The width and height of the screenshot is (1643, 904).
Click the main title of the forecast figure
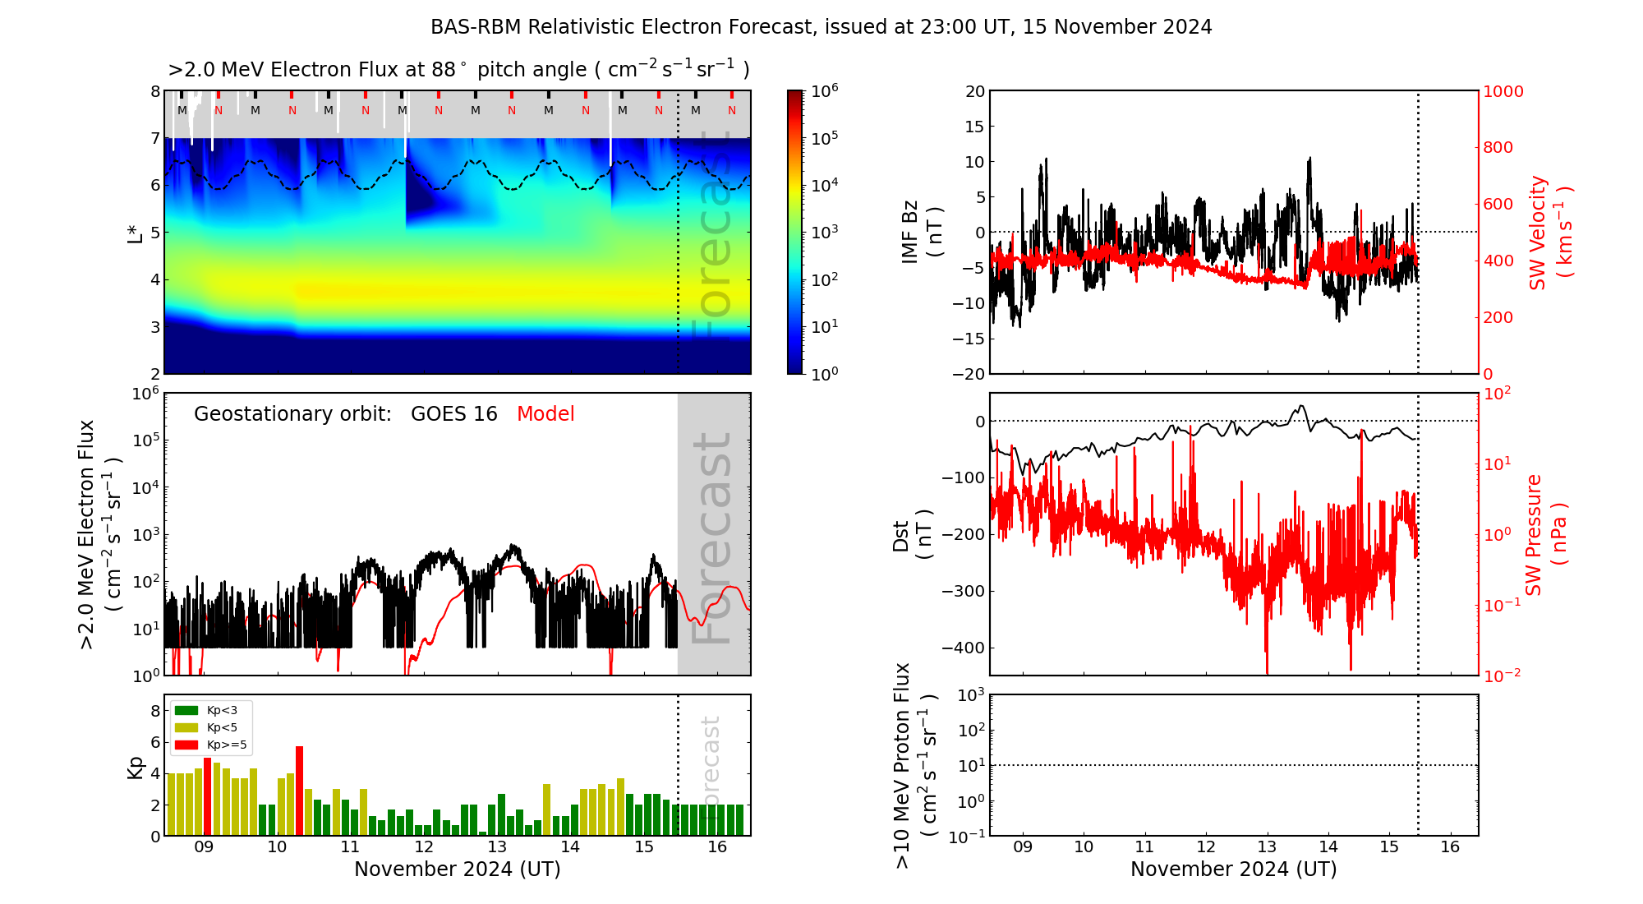821,27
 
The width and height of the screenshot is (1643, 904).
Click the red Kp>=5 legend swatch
186,745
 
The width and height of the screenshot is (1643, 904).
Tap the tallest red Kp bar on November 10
299,790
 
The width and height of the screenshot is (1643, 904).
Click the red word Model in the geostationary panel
545,414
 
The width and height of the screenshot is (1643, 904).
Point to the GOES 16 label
453,414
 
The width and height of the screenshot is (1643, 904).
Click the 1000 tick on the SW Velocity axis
1503,91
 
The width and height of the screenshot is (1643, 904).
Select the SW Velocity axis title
1549,233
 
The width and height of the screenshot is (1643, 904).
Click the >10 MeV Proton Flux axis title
915,765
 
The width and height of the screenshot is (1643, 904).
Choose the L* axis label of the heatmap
136,233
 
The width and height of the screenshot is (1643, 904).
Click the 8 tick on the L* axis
155,91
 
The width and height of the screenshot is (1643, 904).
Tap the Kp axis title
136,767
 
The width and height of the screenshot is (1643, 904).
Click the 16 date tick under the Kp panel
717,847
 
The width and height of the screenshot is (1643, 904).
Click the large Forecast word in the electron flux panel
711,538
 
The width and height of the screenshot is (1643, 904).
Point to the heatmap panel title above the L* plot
458,70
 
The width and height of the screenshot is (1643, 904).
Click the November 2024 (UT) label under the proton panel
1233,869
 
